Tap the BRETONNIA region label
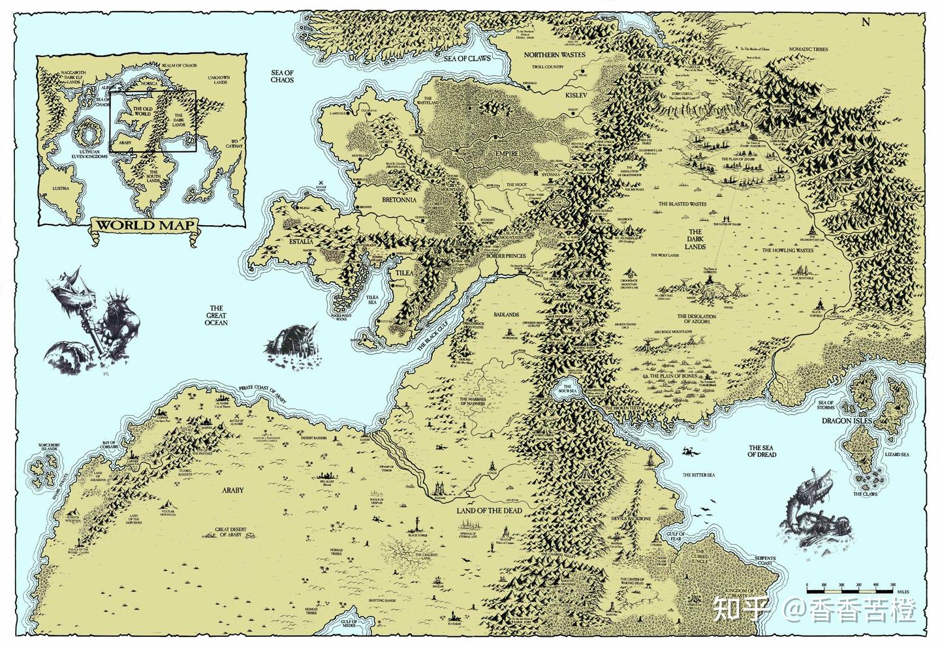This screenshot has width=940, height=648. [x=390, y=201]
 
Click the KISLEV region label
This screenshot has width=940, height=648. [x=576, y=95]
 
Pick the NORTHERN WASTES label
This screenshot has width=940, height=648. [x=555, y=55]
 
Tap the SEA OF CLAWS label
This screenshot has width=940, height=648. [x=467, y=58]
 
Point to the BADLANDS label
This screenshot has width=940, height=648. [x=506, y=314]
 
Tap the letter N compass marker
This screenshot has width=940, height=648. [x=866, y=22]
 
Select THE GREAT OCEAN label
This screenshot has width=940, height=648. [x=215, y=315]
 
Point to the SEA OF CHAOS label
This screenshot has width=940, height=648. [x=282, y=76]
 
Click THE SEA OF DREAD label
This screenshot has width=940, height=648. [x=762, y=450]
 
